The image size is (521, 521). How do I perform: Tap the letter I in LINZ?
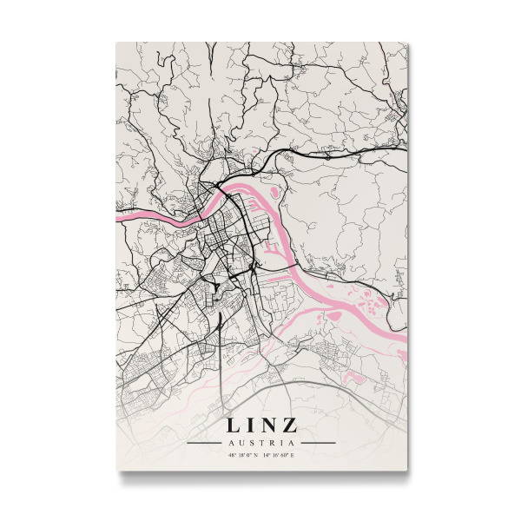250,425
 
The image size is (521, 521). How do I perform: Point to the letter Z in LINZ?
289,425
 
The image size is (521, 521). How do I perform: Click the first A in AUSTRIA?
230,443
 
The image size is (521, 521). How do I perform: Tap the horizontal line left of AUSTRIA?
205,443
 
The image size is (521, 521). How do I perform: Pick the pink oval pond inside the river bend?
274,192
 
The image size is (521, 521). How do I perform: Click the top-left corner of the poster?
116,42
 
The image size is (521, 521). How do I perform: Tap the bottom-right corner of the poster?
406,471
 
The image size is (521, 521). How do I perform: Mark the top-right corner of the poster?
406,42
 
